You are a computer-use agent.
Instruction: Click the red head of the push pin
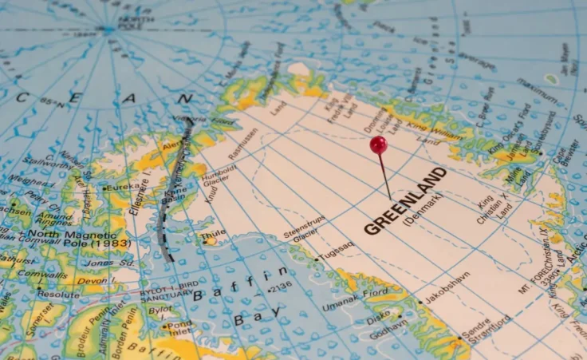click(378, 144)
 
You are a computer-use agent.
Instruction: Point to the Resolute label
click(58, 294)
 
